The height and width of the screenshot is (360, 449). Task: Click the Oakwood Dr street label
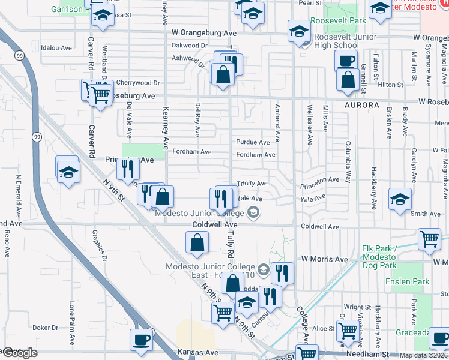(189, 46)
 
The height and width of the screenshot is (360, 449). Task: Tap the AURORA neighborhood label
(362, 105)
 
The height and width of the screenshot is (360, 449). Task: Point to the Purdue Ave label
(253, 143)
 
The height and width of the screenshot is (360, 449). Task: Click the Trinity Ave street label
(252, 184)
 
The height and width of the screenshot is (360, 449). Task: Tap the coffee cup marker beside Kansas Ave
(142, 339)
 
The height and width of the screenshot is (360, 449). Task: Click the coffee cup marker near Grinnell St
(346, 60)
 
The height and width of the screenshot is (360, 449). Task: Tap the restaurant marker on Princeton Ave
(127, 169)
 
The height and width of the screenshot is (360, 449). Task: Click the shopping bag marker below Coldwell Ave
(197, 242)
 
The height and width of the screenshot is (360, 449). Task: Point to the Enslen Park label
(413, 281)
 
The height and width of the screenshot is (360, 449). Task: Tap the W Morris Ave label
(325, 259)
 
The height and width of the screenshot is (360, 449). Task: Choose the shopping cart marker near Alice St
(348, 329)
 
